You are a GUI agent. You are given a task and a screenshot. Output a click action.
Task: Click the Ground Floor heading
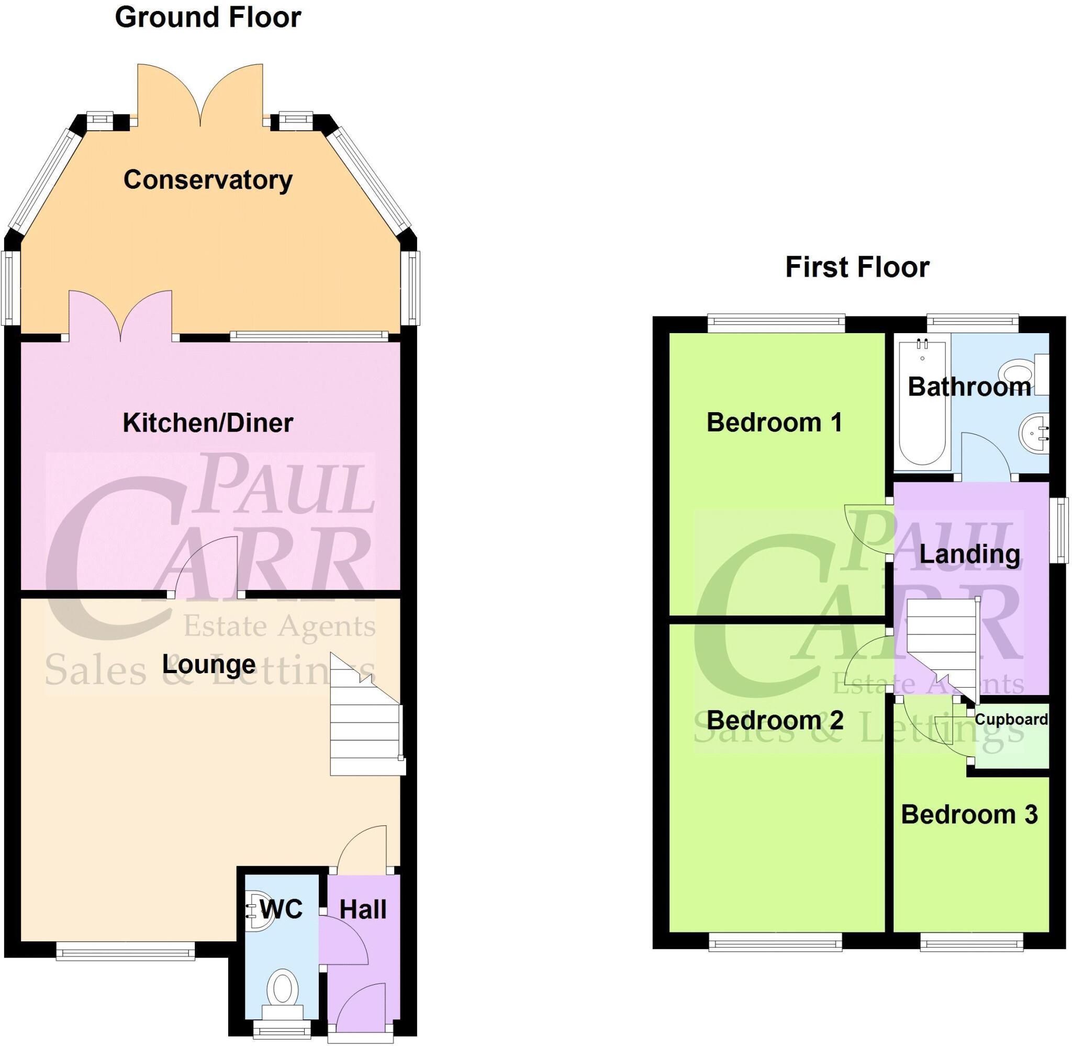(208, 18)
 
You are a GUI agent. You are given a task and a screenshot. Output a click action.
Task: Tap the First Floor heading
(856, 268)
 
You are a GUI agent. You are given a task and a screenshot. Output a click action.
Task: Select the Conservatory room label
(208, 179)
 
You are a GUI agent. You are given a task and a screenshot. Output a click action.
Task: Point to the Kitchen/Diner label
(208, 423)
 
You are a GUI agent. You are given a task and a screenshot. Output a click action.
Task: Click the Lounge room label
(209, 665)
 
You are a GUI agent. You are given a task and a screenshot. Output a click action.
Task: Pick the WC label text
(281, 909)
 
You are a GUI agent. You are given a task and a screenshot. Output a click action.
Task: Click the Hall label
(363, 909)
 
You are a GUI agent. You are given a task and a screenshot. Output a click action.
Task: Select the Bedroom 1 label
(774, 423)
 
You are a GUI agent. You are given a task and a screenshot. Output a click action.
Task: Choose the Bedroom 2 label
(774, 720)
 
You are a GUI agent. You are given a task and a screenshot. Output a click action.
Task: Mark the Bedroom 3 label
(969, 815)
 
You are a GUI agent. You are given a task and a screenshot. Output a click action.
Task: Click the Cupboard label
(1010, 719)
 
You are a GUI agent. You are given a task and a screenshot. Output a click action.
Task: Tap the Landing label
(970, 554)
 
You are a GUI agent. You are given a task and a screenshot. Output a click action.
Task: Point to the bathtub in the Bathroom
(922, 404)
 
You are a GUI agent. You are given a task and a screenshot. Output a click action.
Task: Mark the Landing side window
(1059, 530)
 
